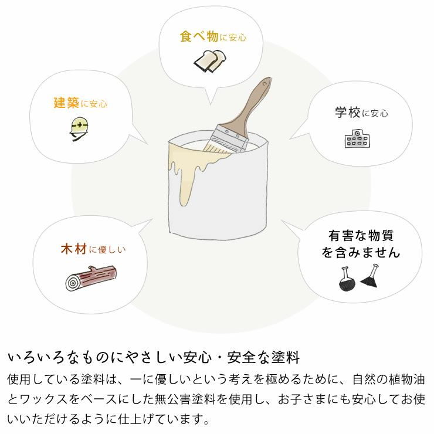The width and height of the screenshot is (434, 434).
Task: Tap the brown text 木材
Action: pos(73,249)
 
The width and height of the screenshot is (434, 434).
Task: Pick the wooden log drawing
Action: pos(90,278)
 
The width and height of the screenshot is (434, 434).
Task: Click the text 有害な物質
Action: pos(361,236)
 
